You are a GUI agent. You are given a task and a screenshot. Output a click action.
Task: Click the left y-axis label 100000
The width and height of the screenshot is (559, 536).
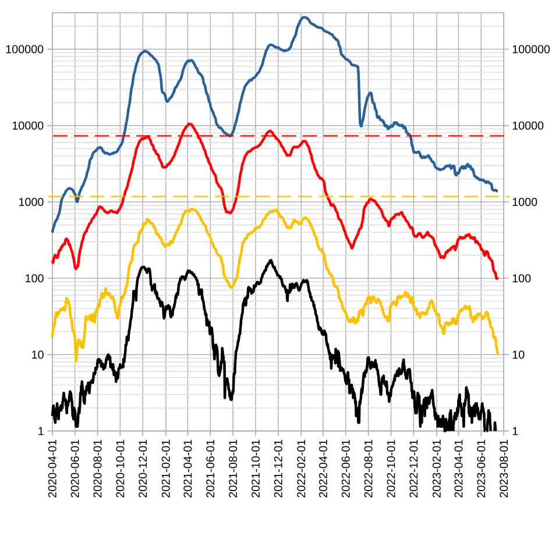click(24, 49)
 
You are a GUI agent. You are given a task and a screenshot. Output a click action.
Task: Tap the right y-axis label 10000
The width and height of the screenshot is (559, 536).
click(528, 126)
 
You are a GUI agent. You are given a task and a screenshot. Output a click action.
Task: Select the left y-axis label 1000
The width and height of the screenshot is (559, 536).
click(31, 202)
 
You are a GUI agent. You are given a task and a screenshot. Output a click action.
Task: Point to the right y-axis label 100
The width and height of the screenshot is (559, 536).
click(521, 278)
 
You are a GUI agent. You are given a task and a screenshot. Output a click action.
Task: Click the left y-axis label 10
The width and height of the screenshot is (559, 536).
click(37, 354)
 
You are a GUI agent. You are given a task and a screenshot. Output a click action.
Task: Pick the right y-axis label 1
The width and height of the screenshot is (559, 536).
click(515, 431)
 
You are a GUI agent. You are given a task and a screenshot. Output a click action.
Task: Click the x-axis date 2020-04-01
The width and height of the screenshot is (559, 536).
click(52, 468)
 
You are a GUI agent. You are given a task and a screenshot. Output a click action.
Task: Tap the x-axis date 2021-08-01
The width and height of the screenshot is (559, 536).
click(233, 468)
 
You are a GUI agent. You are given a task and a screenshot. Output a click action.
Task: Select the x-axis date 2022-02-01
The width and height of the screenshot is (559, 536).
click(301, 468)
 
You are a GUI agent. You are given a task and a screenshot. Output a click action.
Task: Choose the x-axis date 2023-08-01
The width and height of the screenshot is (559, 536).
click(504, 468)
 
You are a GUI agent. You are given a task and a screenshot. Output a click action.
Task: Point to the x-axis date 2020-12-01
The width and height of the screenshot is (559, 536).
click(143, 468)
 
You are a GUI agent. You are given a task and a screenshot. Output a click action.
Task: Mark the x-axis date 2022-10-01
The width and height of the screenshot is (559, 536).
click(391, 468)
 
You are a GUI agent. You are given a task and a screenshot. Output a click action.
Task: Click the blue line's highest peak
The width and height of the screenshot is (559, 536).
click(304, 17)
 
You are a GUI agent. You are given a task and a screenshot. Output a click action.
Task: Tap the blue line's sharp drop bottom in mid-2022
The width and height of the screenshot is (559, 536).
click(361, 126)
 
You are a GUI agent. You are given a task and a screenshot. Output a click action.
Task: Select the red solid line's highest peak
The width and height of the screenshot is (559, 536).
click(190, 124)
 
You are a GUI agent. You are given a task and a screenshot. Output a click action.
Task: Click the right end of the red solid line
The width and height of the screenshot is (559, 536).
click(497, 278)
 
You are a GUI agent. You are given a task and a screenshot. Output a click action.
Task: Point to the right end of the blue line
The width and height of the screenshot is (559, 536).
click(497, 191)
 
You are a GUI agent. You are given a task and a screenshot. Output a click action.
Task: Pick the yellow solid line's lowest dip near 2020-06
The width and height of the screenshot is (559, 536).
click(76, 360)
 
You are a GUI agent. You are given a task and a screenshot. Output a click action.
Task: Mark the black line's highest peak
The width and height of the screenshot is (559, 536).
click(271, 261)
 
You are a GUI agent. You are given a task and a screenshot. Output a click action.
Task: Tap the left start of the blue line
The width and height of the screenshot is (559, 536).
click(53, 232)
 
